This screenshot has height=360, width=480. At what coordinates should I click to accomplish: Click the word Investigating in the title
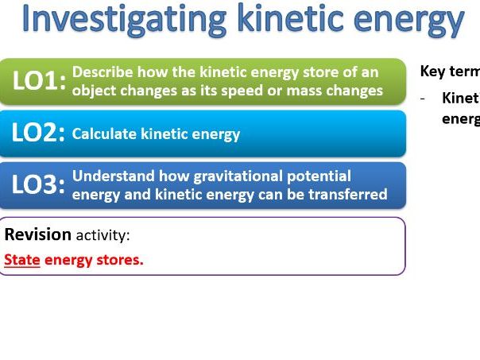[x=121, y=21]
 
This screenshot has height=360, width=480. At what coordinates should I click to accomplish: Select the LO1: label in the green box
[x=39, y=81]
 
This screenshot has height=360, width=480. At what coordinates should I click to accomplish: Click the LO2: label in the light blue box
[x=39, y=134]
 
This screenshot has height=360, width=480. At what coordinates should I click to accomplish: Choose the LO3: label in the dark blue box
[x=39, y=185]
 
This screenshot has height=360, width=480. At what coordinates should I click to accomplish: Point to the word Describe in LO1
[x=100, y=72]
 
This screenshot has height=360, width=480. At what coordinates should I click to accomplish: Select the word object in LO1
[x=95, y=91]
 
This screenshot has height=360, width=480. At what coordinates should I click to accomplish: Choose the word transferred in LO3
[x=346, y=195]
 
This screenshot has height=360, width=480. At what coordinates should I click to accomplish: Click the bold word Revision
[x=38, y=235]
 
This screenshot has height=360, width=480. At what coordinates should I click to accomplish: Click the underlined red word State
[x=22, y=260]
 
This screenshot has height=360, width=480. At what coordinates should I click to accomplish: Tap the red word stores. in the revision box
[x=118, y=260]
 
